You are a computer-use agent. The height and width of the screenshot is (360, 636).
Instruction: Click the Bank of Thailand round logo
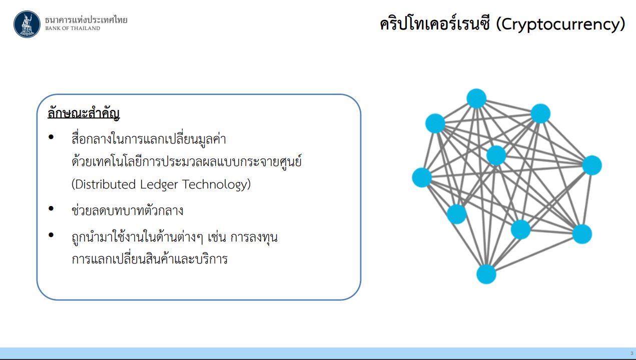27,24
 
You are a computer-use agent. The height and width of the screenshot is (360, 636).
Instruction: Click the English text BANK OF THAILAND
73,28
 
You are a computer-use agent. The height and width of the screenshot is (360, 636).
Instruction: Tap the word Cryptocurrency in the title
560,24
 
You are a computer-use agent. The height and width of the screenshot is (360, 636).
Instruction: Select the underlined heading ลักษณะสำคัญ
84,113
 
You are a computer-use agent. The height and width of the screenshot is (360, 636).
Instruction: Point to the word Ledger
159,184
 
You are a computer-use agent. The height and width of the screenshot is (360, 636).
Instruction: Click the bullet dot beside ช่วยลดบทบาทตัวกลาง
51,208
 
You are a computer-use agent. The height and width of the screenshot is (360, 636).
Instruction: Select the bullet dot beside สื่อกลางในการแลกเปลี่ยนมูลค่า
51,137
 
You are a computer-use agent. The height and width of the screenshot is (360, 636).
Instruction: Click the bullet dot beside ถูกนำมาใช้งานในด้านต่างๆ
51,235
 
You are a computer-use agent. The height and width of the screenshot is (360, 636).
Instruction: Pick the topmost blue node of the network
476,98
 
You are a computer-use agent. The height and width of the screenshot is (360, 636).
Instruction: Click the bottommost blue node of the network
486,274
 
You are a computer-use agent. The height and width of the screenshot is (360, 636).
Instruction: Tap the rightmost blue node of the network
592,165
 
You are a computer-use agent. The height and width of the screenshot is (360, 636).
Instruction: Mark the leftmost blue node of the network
422,177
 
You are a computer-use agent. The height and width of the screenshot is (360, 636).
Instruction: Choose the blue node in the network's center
496,155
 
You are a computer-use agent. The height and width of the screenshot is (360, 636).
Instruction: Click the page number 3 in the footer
631,353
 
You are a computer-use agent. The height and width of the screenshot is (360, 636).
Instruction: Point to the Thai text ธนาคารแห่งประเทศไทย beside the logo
86,20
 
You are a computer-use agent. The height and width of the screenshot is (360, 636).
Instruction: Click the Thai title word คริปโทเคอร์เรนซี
435,24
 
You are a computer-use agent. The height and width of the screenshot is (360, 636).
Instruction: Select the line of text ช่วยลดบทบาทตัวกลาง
128,210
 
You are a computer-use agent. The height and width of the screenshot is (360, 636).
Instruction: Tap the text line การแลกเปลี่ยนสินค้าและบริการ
150,258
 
